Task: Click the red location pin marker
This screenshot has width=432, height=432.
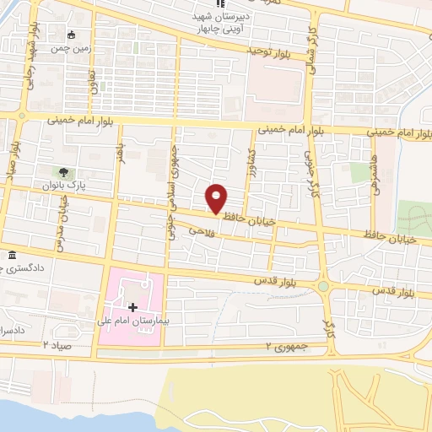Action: pyautogui.click(x=216, y=198)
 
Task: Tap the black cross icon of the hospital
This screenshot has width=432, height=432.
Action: pyautogui.click(x=132, y=307)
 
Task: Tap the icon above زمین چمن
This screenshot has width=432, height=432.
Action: pyautogui.click(x=73, y=35)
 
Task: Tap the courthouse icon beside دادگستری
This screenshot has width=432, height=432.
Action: pyautogui.click(x=12, y=256)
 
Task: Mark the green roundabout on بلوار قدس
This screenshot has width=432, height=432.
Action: pyautogui.click(x=324, y=286)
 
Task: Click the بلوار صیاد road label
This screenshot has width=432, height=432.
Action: pyautogui.click(x=12, y=173)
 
